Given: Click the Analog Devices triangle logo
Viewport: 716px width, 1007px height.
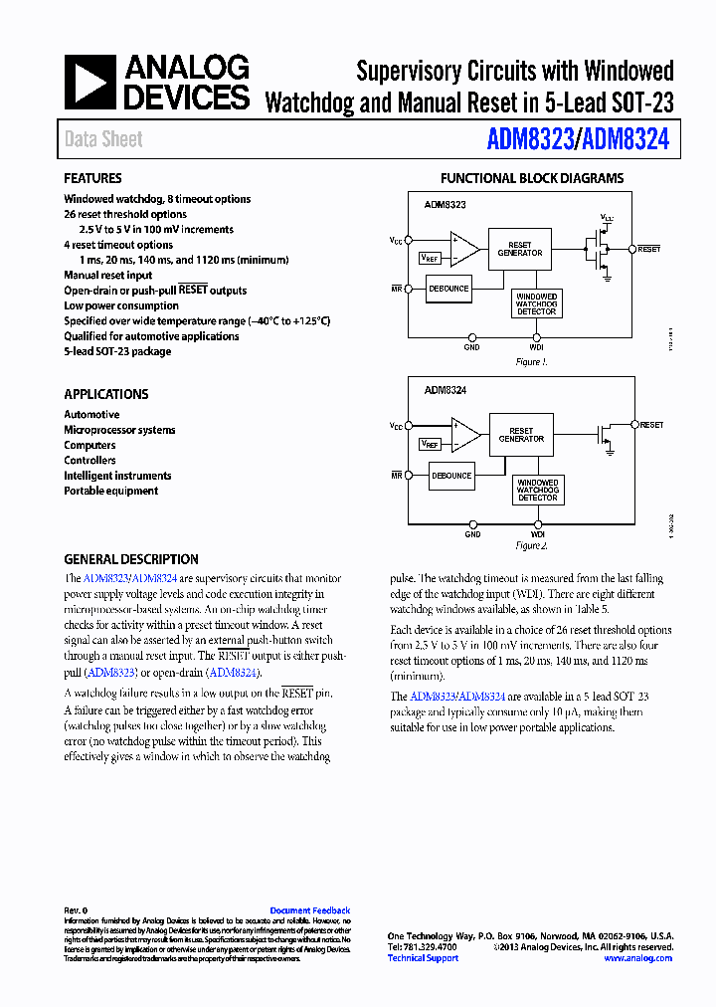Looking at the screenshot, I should pos(90,83).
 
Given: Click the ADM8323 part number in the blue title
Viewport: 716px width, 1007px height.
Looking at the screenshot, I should pos(530,140).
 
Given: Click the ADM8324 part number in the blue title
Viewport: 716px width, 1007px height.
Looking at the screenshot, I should pos(626,140).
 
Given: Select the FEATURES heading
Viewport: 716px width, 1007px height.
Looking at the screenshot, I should pos(92,179).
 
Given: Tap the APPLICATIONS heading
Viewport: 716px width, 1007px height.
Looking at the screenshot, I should pos(105,394).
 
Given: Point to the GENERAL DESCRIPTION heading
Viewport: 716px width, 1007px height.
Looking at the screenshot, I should pos(131,559).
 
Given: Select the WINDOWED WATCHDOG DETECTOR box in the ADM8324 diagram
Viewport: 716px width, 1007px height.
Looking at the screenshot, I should pos(537,490).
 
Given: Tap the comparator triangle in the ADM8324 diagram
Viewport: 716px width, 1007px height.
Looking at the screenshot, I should pos(462,433).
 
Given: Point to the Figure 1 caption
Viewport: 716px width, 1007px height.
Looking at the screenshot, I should pos(531,362).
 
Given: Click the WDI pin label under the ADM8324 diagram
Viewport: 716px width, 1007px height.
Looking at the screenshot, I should pos(537,534).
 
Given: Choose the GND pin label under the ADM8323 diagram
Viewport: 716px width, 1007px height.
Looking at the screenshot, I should pos(471,347).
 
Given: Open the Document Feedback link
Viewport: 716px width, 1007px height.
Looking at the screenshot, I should pos(309,910).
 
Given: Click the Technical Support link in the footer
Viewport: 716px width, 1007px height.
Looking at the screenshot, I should pos(423,958).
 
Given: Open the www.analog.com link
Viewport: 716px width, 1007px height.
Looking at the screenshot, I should pos(637,958).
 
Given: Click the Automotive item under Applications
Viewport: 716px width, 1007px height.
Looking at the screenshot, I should pos(91,415).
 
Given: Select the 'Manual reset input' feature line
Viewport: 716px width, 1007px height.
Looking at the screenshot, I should pos(108,276).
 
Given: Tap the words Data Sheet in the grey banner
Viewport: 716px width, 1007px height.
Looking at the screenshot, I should pos(103,140).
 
